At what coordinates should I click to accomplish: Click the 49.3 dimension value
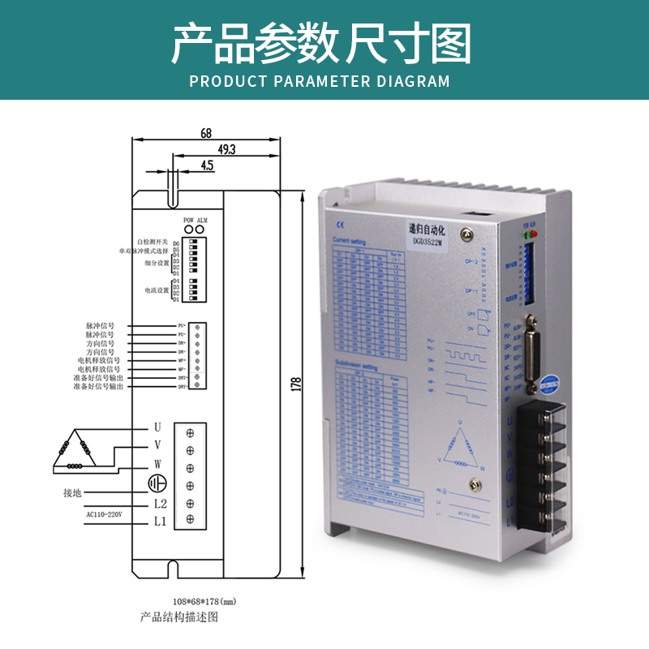pyautogui.click(x=226, y=149)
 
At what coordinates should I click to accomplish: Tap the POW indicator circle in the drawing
pyautogui.click(x=188, y=228)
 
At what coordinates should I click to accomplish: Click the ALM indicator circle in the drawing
pyautogui.click(x=201, y=228)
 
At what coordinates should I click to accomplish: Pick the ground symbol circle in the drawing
pyautogui.click(x=156, y=484)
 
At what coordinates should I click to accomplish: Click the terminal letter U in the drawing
pyautogui.click(x=157, y=427)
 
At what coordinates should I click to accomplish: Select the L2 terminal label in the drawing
pyautogui.click(x=160, y=503)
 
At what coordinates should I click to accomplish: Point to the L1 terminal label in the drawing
pyautogui.click(x=160, y=522)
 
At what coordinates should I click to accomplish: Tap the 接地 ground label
pyautogui.click(x=72, y=492)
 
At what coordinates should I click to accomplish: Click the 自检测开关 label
pyautogui.click(x=152, y=242)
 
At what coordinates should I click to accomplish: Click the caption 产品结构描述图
pyautogui.click(x=179, y=617)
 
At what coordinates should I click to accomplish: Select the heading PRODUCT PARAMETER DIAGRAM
pyautogui.click(x=319, y=81)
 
